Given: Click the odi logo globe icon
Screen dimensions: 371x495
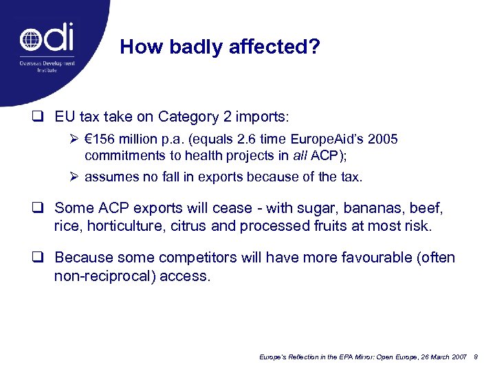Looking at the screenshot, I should (x=31, y=39).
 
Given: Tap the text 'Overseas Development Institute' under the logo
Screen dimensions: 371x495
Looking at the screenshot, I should (x=47, y=67).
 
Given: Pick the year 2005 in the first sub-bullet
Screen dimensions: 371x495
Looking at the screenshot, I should (x=383, y=139).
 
